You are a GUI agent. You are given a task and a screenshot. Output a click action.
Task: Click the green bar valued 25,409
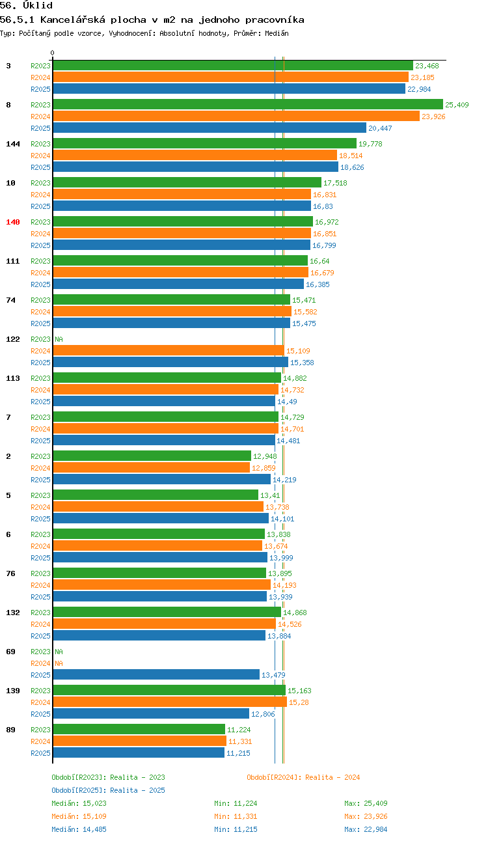pyautogui.click(x=248, y=104)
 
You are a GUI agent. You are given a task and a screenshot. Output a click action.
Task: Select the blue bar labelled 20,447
pyautogui.click(x=210, y=128)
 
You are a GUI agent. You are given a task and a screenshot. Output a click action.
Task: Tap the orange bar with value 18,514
pyautogui.click(x=195, y=155)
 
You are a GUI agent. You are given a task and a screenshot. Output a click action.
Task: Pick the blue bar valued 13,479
pyautogui.click(x=157, y=674)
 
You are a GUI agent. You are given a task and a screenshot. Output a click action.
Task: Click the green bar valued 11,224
pyautogui.click(x=139, y=729)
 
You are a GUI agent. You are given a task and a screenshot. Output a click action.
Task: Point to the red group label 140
pyautogui.click(x=13, y=222)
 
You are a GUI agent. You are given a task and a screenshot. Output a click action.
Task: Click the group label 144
pyautogui.click(x=13, y=144)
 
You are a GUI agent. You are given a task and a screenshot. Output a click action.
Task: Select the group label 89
pyautogui.click(x=10, y=730)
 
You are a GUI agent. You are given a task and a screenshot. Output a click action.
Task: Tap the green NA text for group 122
pyautogui.click(x=59, y=339)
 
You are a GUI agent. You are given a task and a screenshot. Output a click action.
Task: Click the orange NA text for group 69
pyautogui.click(x=59, y=663)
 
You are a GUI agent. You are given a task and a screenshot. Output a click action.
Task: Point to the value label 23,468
pyautogui.click(x=427, y=66)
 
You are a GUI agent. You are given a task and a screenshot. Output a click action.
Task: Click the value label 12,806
pyautogui.click(x=263, y=714)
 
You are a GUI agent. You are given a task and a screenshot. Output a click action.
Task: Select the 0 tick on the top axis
pyautogui.click(x=52, y=53)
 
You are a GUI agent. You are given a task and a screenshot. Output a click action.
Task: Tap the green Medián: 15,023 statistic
pyautogui.click(x=79, y=803)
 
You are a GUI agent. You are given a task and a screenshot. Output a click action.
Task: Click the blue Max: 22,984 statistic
pyautogui.click(x=366, y=829)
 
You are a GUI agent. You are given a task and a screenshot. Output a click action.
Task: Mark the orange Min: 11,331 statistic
pyautogui.click(x=236, y=816)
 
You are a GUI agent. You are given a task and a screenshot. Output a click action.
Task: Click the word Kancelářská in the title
pyautogui.click(x=73, y=20)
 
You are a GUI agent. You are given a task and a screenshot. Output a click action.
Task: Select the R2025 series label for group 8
pyautogui.click(x=40, y=128)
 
